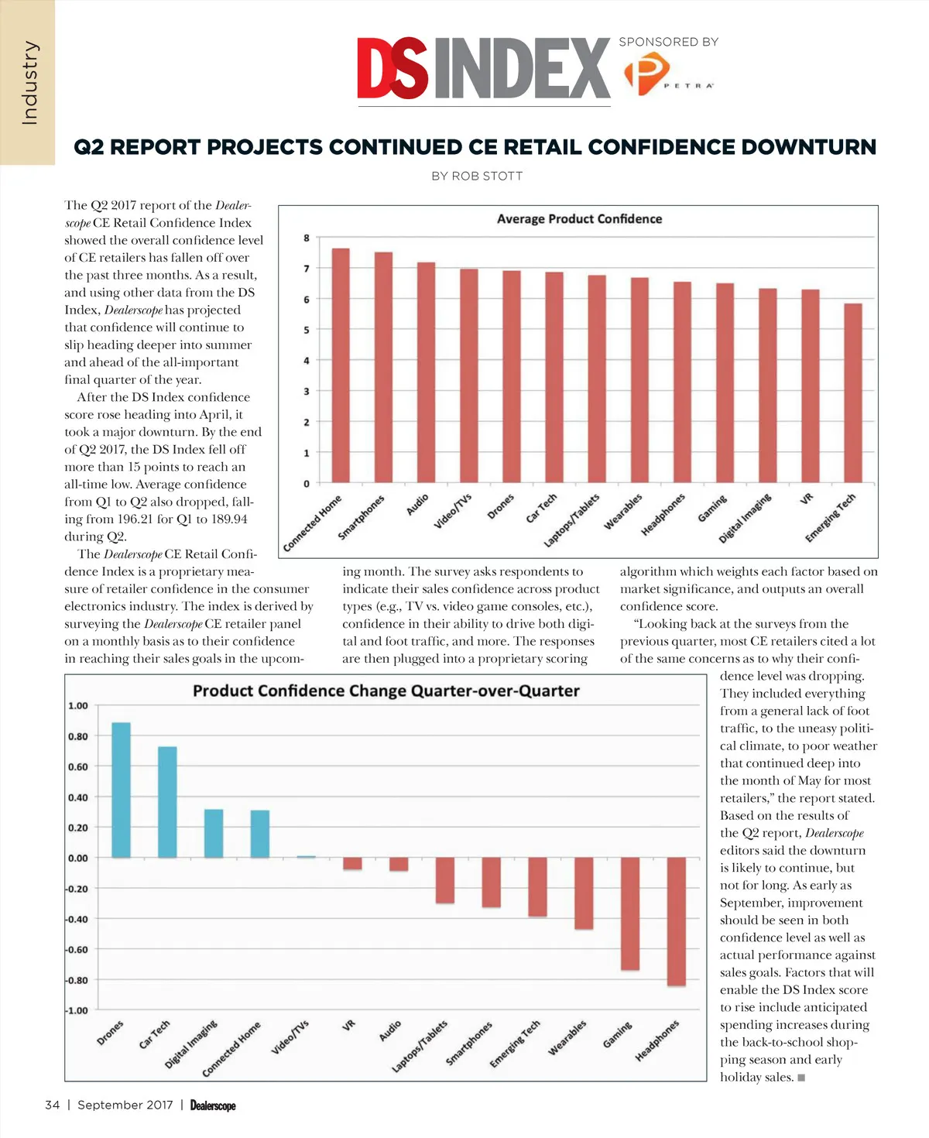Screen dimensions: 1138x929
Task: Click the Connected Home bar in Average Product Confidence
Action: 341,365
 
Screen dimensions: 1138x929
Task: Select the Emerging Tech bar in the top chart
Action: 852,393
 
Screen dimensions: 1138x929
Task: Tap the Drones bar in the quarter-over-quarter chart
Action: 121,790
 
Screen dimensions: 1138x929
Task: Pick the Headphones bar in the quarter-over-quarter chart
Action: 676,921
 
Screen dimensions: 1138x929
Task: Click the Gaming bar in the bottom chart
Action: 630,913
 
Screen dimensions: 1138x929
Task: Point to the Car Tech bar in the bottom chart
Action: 167,802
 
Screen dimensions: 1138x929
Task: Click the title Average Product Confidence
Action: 579,219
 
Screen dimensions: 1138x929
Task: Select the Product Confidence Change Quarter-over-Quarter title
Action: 386,691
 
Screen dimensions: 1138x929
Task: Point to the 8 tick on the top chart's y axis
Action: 307,238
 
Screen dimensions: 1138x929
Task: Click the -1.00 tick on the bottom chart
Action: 77,1010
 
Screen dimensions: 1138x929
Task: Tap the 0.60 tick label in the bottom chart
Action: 77,766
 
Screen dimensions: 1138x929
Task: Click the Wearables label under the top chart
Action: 623,512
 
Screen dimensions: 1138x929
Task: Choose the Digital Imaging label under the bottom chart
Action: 191,1044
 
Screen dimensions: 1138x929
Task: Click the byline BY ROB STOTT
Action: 477,177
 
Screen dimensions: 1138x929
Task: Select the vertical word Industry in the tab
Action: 29,83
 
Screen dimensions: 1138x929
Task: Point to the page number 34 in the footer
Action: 52,1105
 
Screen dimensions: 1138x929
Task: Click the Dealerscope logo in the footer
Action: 213,1105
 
